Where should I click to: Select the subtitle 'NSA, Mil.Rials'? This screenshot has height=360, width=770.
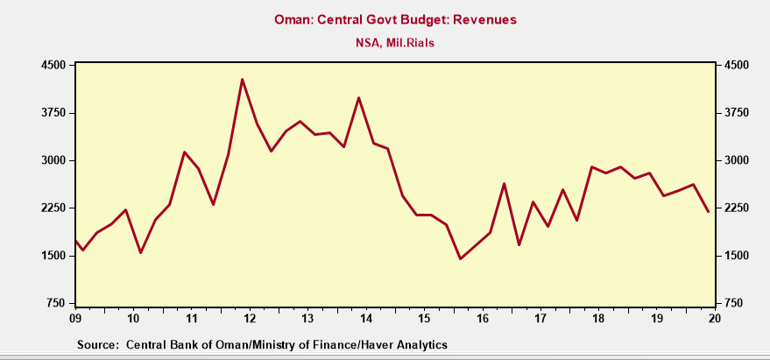coord(385,41)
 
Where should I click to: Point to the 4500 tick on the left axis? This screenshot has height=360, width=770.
coord(54,66)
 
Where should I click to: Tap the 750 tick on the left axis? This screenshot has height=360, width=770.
coord(58,303)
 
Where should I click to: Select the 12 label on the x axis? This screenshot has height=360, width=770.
coord(250,318)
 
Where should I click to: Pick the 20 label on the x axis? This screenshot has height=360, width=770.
coord(715,318)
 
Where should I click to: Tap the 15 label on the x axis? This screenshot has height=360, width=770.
coord(424,318)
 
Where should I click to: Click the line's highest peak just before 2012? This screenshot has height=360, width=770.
coord(242,80)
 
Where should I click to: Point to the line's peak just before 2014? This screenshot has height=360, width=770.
coord(358,98)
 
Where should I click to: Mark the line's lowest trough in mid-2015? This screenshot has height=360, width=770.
coord(461,258)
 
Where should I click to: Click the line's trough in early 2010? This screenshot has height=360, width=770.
coord(140,253)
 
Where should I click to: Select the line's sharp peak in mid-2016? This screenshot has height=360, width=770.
coord(505,184)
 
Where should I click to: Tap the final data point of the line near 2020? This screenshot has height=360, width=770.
coord(709,212)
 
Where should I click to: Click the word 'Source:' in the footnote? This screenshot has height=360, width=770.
coord(98,345)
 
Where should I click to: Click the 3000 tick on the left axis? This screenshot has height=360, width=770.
coord(54,160)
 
